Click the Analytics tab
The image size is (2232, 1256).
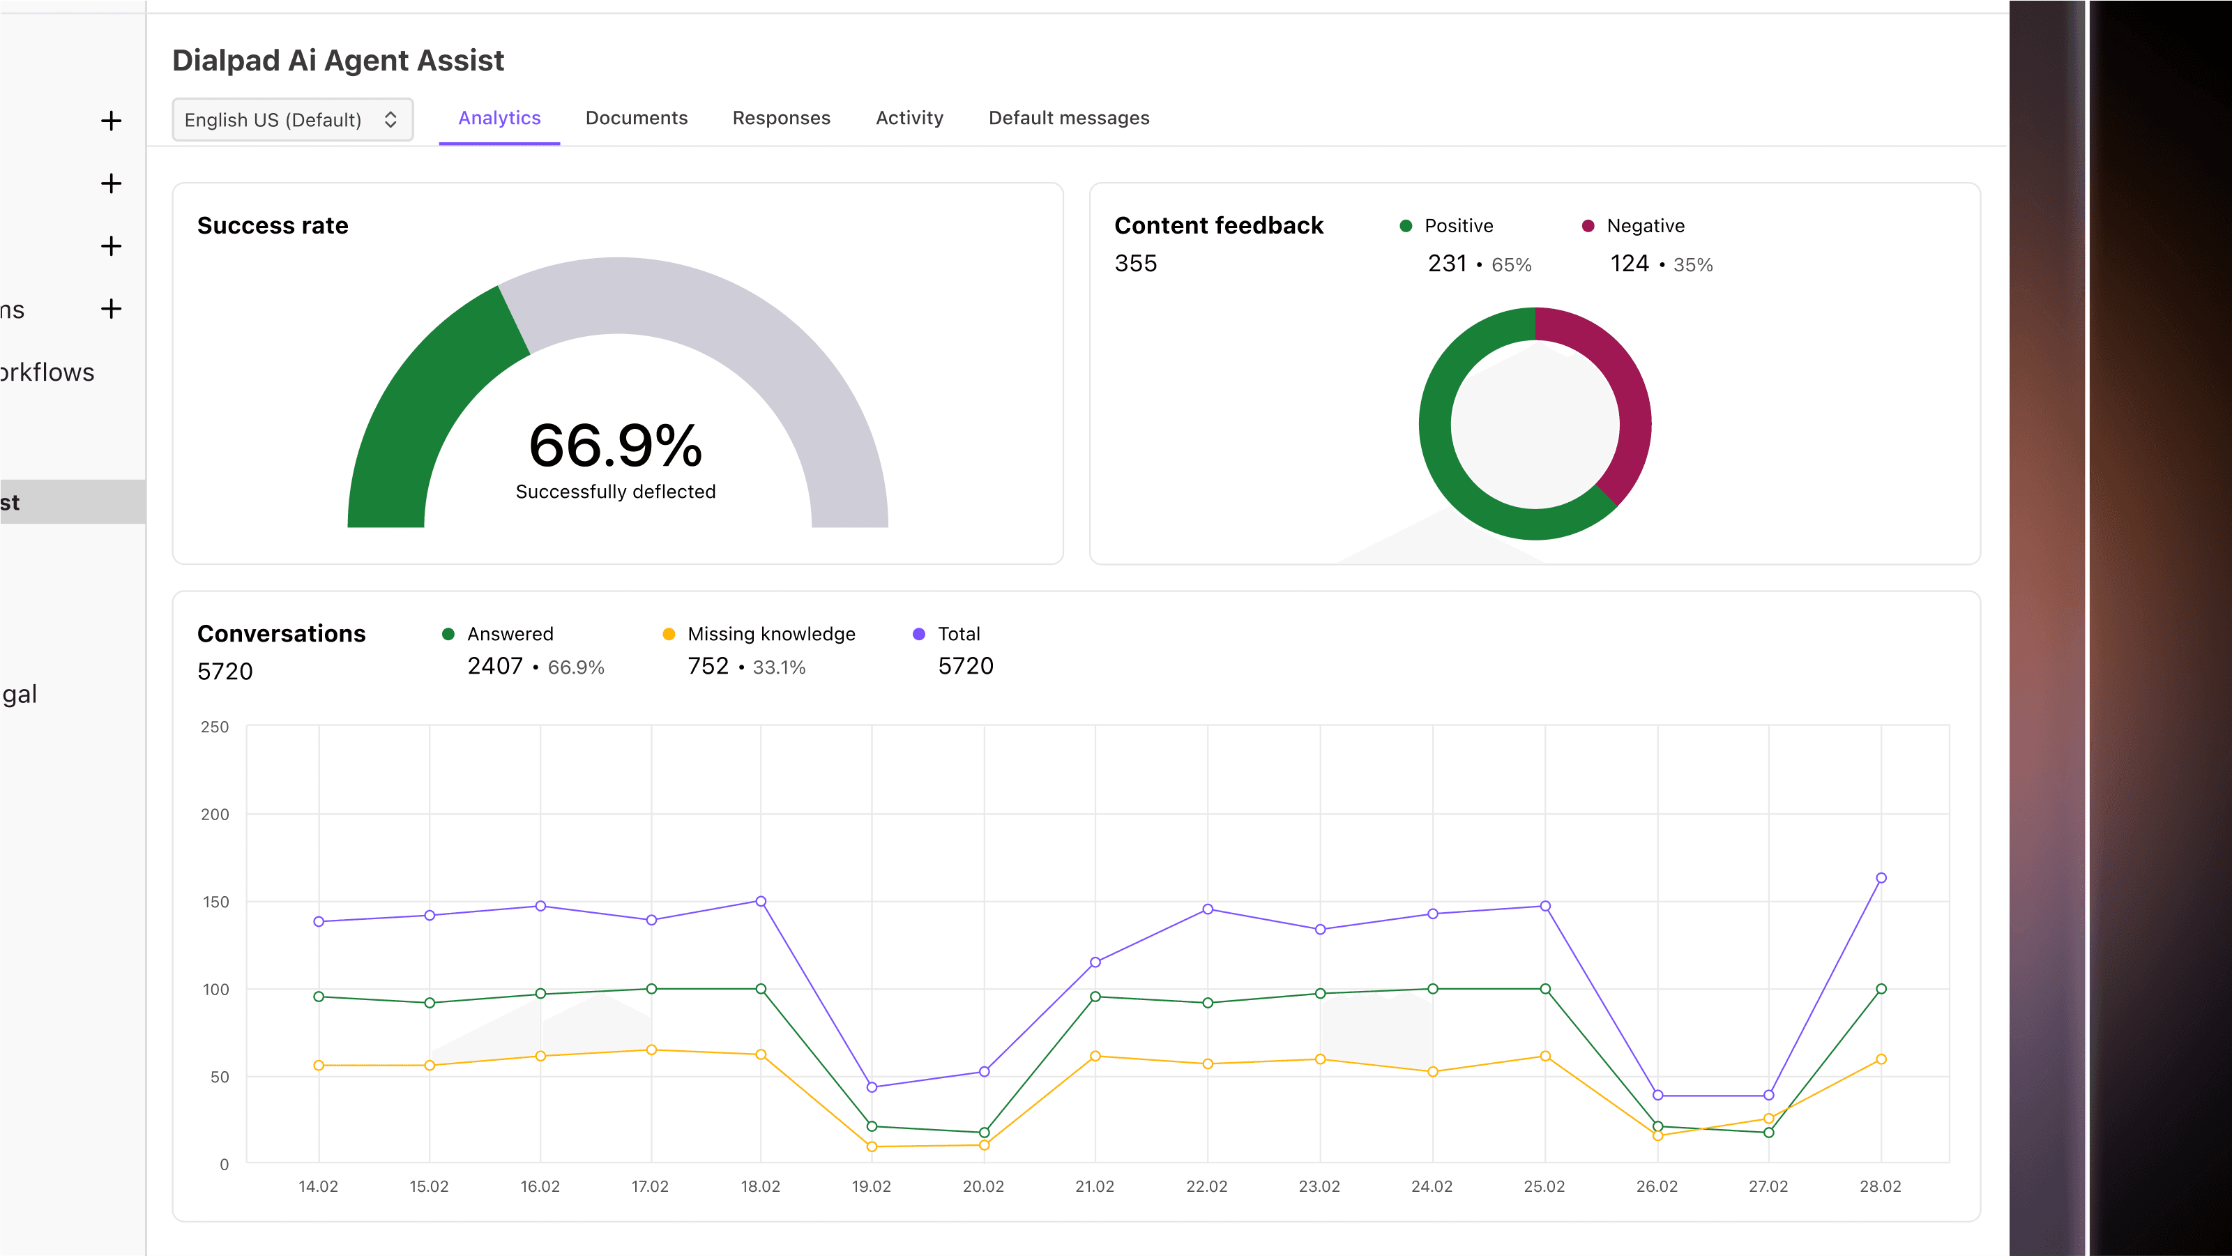pos(499,118)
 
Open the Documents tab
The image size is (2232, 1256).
pos(636,118)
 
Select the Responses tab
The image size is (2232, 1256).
pos(781,118)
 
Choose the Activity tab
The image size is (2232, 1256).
pos(909,118)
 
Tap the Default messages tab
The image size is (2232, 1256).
pos(1068,118)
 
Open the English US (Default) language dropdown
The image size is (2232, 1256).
pos(292,120)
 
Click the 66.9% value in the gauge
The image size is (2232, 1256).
pos(615,446)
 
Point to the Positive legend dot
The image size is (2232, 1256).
pos(1406,226)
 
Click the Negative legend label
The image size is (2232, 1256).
pos(1645,226)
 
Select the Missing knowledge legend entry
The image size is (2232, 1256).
pos(770,635)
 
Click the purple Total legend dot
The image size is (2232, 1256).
pos(918,635)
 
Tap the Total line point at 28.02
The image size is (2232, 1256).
pos(1880,878)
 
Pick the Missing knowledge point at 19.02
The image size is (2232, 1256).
pos(872,1147)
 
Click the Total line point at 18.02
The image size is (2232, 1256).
pos(761,902)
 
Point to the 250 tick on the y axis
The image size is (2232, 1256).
pos(215,727)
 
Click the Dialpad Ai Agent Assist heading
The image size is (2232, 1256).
pos(338,61)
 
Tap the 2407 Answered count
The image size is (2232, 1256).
pos(495,667)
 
